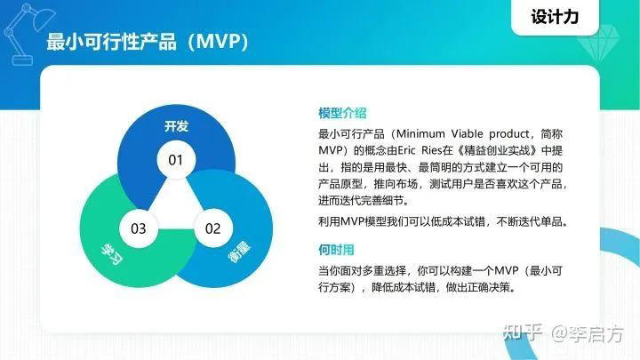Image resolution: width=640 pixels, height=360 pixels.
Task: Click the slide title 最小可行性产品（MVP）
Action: pos(147,44)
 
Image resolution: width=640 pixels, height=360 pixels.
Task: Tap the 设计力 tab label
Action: pos(560,17)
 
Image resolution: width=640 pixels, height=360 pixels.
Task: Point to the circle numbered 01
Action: pos(176,160)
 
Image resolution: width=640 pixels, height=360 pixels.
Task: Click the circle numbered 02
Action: pos(213,228)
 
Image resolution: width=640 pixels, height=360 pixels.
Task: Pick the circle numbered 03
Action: pos(139,228)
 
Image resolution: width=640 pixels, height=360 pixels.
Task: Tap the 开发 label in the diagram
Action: pos(176,126)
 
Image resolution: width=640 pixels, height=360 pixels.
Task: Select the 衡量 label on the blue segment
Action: pos(238,259)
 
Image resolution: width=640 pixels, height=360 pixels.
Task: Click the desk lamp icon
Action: pos(22,31)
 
